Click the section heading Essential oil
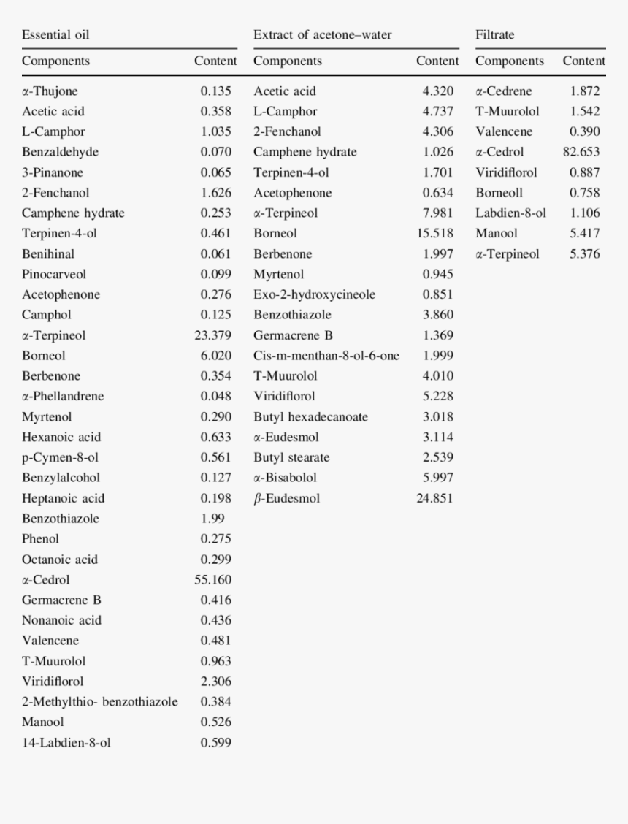click(55, 34)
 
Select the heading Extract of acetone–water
click(322, 34)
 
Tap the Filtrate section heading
click(494, 34)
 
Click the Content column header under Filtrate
click(583, 61)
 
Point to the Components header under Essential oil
click(55, 61)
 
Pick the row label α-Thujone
click(50, 91)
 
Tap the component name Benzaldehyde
click(60, 152)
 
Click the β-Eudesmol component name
click(286, 498)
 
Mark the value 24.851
click(434, 498)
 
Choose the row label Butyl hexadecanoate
click(310, 416)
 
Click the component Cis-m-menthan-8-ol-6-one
click(326, 356)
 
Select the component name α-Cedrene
click(504, 91)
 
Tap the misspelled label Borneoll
click(499, 193)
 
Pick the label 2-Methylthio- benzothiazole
click(99, 701)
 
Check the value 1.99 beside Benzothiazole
click(212, 519)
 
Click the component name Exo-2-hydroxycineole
click(314, 294)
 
